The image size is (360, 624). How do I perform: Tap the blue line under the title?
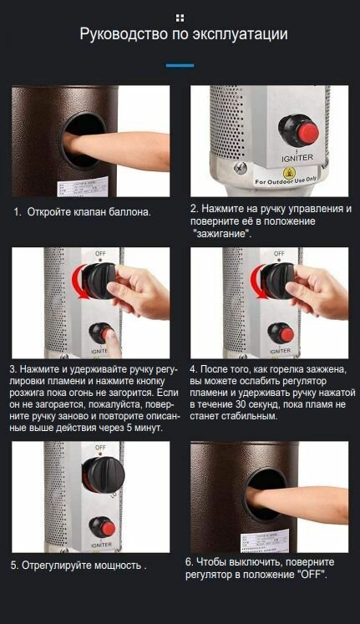click(180, 65)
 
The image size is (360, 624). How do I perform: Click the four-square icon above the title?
click(180, 18)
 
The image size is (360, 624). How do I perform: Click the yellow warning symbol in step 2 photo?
click(287, 173)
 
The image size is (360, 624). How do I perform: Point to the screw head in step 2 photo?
click(241, 167)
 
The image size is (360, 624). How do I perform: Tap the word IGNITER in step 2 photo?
click(297, 158)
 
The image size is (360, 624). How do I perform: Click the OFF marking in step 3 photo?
click(100, 253)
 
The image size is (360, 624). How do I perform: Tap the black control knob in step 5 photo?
click(103, 474)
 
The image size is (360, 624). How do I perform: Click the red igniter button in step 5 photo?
click(108, 529)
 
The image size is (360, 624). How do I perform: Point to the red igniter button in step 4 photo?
click(286, 335)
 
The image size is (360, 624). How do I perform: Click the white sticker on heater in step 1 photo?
click(83, 187)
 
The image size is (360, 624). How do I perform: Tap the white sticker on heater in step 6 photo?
click(265, 541)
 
